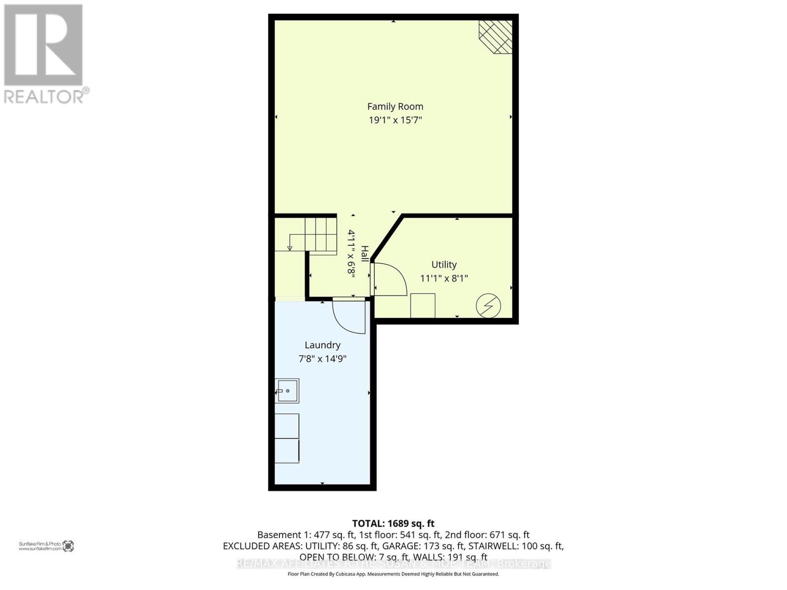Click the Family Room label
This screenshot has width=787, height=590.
[x=395, y=106]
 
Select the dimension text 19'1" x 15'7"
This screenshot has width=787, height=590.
[x=395, y=120]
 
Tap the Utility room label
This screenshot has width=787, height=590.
[x=444, y=265]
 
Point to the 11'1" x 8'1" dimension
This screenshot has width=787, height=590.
[x=444, y=278]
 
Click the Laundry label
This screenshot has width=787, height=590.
[x=322, y=345]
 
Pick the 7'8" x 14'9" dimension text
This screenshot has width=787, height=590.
[x=322, y=359]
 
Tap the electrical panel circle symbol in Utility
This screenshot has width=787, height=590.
[x=488, y=306]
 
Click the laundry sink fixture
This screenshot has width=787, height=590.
[x=287, y=391]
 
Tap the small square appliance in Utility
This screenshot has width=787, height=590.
[x=423, y=305]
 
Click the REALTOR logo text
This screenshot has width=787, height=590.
[x=47, y=95]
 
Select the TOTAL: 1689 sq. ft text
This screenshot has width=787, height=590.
[x=393, y=524]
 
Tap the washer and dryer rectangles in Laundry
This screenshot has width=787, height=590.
[x=287, y=438]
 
